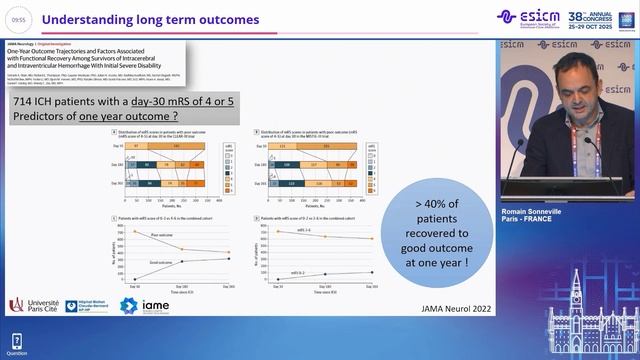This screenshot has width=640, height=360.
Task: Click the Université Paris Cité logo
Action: (x=33, y=304)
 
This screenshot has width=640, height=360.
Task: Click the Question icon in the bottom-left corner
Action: (x=17, y=343)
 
